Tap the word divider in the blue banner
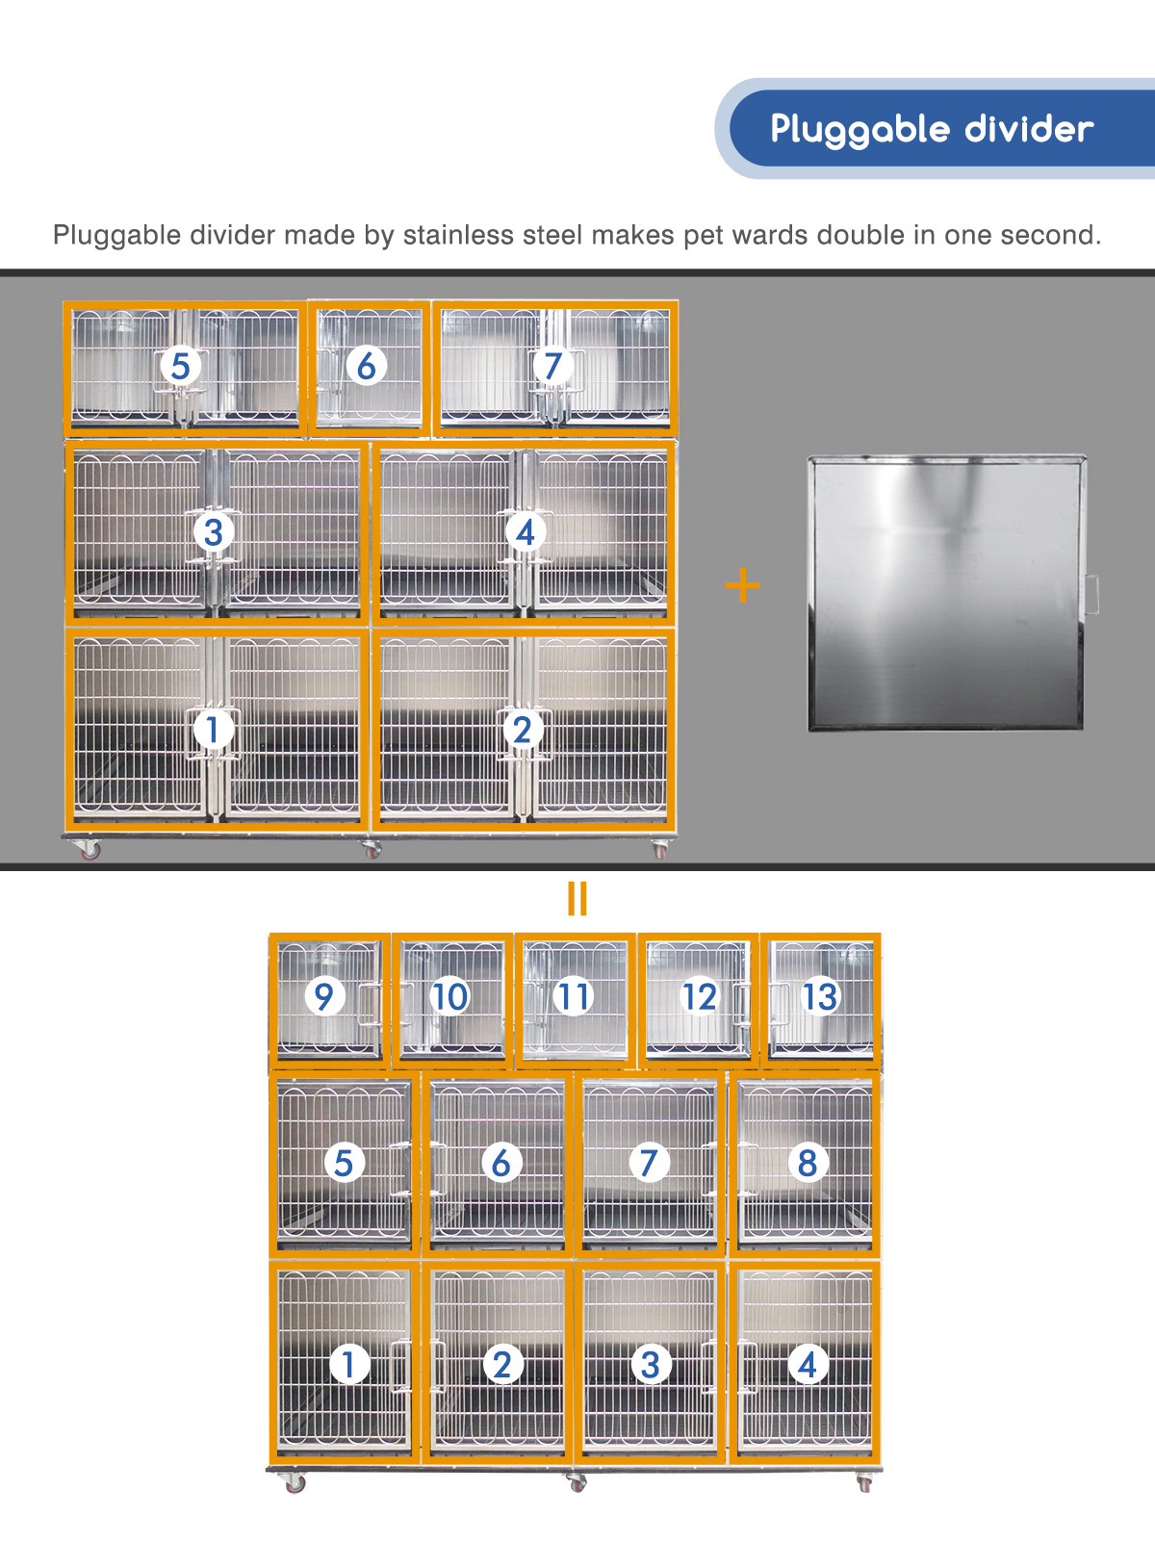1029,129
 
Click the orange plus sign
743,585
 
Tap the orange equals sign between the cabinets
577,898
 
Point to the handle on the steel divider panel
1091,594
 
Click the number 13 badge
820,997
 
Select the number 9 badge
324,997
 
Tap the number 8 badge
574,997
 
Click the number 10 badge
699,997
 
